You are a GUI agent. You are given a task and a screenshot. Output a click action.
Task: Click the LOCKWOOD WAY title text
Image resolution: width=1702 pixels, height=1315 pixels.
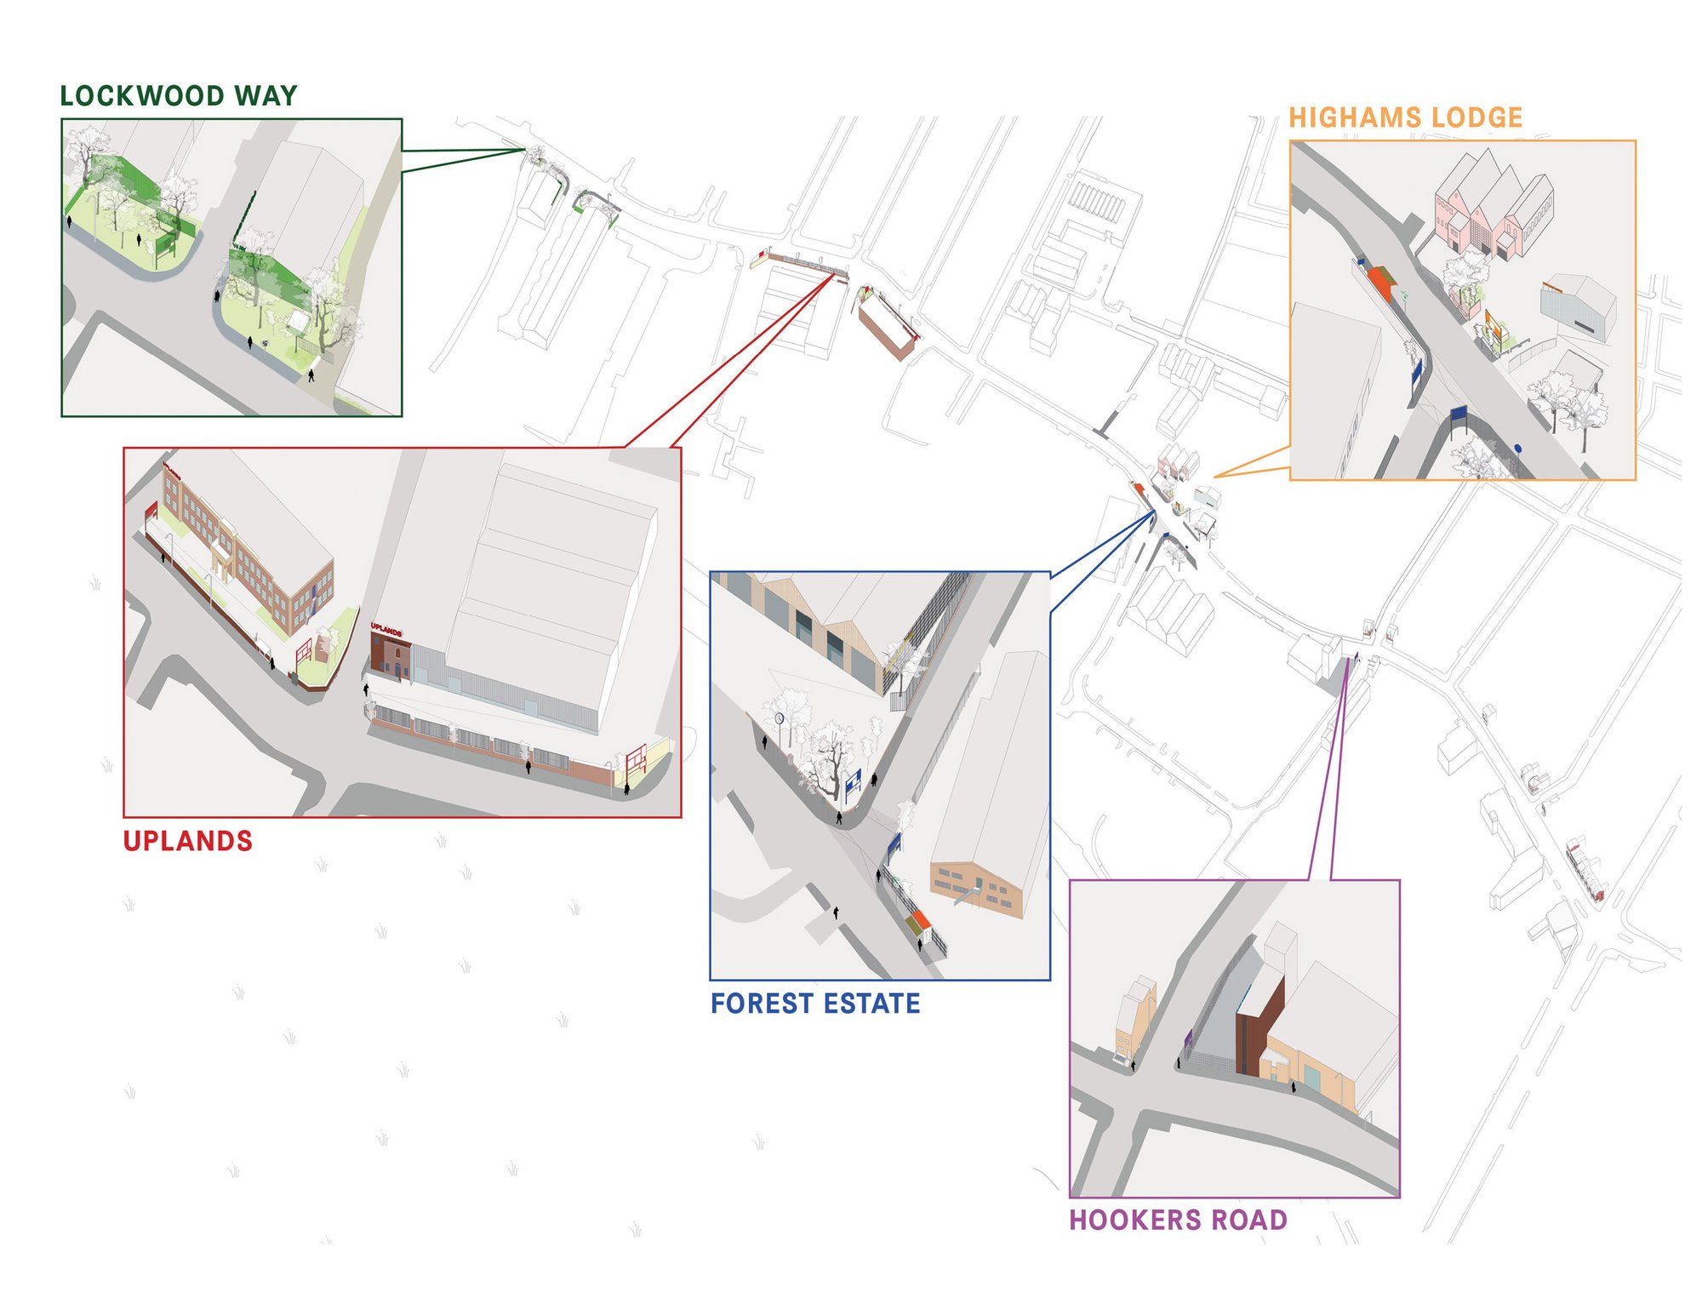pyautogui.click(x=179, y=95)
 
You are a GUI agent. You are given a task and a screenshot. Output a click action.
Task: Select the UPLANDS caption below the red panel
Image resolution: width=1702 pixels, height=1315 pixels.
pyautogui.click(x=188, y=841)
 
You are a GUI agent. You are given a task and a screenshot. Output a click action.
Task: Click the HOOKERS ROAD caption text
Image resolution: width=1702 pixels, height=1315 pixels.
pyautogui.click(x=1179, y=1220)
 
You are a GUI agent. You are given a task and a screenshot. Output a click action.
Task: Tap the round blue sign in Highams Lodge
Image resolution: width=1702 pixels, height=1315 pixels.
pyautogui.click(x=1517, y=448)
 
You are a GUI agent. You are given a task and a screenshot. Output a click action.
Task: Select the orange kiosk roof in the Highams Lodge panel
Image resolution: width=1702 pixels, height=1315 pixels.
pyautogui.click(x=1381, y=282)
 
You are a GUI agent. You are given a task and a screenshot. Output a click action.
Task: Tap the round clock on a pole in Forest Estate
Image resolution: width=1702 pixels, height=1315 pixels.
pyautogui.click(x=779, y=718)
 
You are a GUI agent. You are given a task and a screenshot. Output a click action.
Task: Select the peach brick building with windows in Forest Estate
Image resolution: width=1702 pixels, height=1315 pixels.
pyautogui.click(x=976, y=888)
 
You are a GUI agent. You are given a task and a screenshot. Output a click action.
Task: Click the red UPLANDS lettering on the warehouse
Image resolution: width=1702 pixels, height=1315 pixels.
pyautogui.click(x=386, y=630)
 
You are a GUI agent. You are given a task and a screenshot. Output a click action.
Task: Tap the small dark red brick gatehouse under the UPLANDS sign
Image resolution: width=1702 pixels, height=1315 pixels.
pyautogui.click(x=391, y=659)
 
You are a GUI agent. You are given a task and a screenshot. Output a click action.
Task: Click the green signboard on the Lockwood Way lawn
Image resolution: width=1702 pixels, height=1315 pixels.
pyautogui.click(x=165, y=246)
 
